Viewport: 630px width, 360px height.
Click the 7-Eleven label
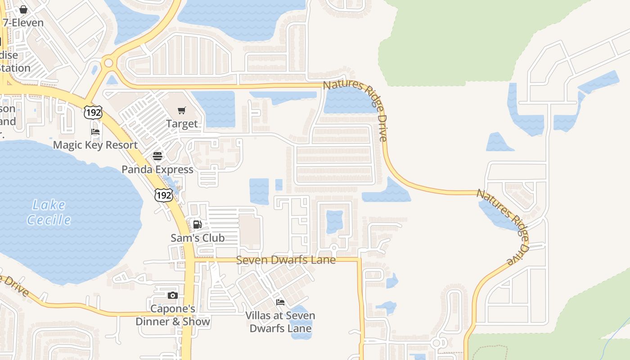point(23,22)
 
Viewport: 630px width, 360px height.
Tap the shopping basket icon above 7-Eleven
point(23,9)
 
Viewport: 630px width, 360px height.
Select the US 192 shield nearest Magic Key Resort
point(93,112)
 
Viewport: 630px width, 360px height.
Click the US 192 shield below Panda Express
point(163,195)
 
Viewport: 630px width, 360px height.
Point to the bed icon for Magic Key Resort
point(95,132)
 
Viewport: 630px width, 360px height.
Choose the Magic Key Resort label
point(95,145)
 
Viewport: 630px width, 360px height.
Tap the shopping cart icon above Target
point(182,110)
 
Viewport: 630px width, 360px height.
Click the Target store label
point(182,124)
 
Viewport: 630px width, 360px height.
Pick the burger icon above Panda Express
point(157,156)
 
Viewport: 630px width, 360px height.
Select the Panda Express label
point(157,170)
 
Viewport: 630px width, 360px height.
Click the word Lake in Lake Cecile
point(49,205)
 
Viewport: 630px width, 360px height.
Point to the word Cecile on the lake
point(49,220)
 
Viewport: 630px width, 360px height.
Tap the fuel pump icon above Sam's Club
point(197,225)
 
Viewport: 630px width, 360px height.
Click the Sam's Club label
point(198,238)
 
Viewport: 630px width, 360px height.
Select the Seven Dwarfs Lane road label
point(286,260)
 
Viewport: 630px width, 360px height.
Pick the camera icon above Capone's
point(173,296)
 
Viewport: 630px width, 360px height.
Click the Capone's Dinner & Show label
point(173,315)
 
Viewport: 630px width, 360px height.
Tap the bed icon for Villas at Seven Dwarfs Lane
point(280,302)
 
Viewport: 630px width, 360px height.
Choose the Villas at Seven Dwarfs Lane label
point(280,322)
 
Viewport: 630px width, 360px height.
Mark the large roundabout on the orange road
point(108,63)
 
